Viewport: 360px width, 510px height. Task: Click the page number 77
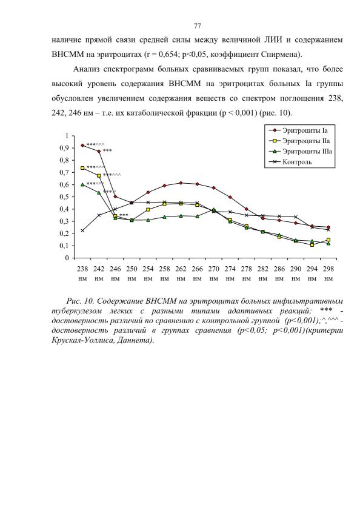(x=197, y=26)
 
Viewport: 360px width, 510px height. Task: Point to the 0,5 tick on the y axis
(x=65, y=196)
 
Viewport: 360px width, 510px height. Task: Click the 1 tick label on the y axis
(x=68, y=136)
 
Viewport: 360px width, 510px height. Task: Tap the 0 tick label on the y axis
(x=67, y=258)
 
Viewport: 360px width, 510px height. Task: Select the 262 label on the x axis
(x=181, y=269)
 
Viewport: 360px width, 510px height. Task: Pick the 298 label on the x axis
(x=328, y=269)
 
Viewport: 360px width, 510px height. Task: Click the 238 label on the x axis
(x=82, y=269)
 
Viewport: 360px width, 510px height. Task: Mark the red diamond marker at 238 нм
(x=82, y=146)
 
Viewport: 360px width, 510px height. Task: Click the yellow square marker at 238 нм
(x=82, y=168)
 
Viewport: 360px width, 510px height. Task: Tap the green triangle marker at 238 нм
(x=82, y=184)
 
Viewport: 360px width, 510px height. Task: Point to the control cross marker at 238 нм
(x=82, y=230)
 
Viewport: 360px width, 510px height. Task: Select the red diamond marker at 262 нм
(x=181, y=183)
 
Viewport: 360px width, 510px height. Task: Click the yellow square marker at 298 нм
(x=328, y=240)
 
